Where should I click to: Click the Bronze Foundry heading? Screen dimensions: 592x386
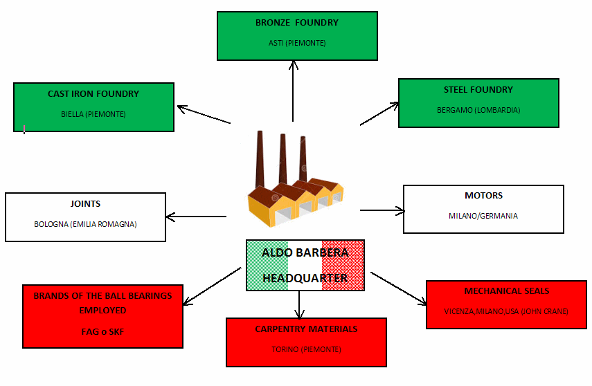(x=297, y=23)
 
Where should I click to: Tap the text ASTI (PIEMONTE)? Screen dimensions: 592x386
(x=297, y=43)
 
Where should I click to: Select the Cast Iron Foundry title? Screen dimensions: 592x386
(x=93, y=94)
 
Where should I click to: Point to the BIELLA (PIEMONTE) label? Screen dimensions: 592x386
(x=93, y=114)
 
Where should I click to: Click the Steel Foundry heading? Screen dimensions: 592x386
(x=478, y=90)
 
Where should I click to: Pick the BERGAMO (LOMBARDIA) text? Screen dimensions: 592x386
(x=478, y=110)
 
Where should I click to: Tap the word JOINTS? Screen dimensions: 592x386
(x=85, y=204)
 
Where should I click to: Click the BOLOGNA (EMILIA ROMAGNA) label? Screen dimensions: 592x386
(x=85, y=224)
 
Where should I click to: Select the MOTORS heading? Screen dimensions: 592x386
(x=484, y=196)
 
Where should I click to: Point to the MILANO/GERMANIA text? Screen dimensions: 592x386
(x=483, y=216)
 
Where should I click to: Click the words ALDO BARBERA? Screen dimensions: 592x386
(x=305, y=252)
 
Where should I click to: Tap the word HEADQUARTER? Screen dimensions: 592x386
(x=305, y=278)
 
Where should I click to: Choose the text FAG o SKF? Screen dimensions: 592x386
(x=102, y=331)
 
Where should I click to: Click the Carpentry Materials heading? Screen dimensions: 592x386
(x=306, y=329)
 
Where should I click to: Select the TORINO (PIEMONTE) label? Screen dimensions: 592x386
(x=306, y=349)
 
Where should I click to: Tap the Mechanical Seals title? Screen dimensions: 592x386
(x=507, y=291)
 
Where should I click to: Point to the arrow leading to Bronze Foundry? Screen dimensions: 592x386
(x=293, y=91)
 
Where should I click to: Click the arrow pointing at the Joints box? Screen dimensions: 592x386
(x=196, y=217)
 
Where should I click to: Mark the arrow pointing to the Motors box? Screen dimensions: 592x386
(x=382, y=210)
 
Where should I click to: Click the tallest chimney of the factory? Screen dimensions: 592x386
(x=260, y=158)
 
